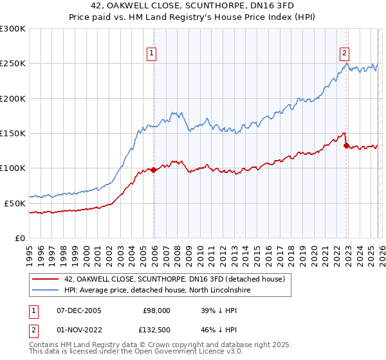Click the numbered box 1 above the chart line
(x=152, y=53)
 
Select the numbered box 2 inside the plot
(x=345, y=53)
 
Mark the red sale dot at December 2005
(x=153, y=170)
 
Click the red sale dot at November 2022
(x=346, y=146)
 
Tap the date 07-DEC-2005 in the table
(x=79, y=310)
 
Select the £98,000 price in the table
(x=156, y=310)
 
